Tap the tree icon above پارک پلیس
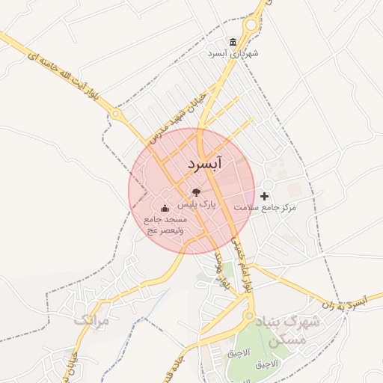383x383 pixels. pyautogui.click(x=196, y=192)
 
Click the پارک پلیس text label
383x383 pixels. pyautogui.click(x=201, y=203)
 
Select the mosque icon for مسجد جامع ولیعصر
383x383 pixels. pyautogui.click(x=165, y=208)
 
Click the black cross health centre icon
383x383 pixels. pyautogui.click(x=264, y=195)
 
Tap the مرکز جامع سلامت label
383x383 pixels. pyautogui.click(x=266, y=206)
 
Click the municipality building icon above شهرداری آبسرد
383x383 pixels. pyautogui.click(x=234, y=41)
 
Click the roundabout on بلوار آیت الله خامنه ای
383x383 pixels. pyautogui.click(x=116, y=114)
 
